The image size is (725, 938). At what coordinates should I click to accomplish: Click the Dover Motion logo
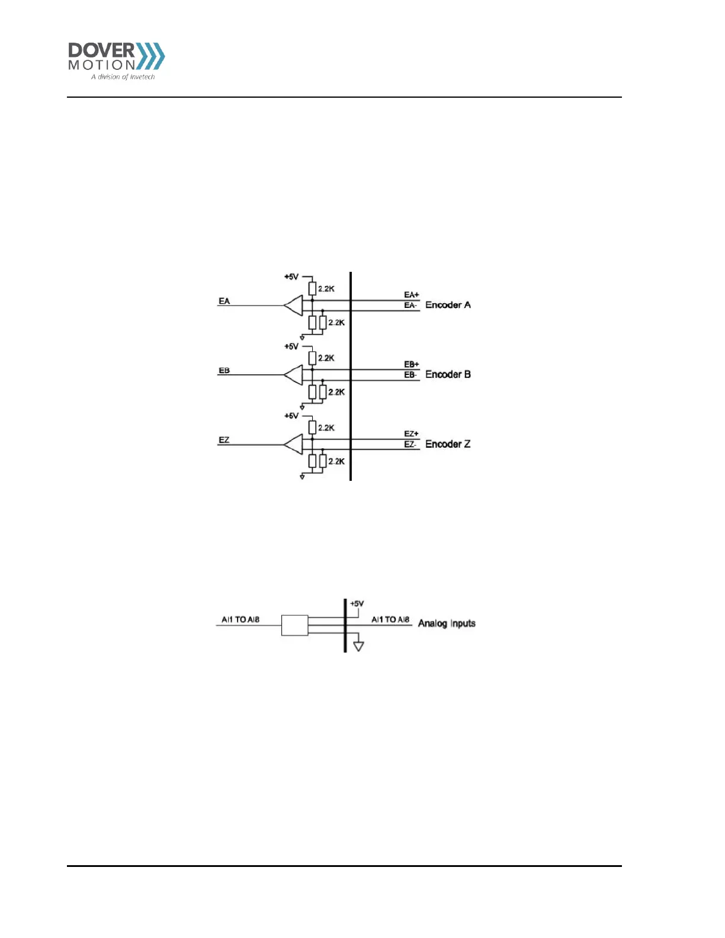pos(116,60)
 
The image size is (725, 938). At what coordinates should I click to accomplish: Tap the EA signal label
pos(224,301)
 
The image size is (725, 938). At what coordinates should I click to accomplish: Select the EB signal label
pos(224,371)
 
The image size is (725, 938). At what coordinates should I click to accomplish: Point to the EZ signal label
pos(224,440)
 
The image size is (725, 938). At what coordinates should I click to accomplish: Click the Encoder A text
pos(448,305)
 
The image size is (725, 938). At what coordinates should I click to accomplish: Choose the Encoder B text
pos(448,374)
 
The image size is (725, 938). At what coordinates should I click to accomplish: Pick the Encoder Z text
pos(448,444)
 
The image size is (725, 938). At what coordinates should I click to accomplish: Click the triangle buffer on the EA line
pos(294,306)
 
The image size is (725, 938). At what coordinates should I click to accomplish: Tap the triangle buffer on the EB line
pos(294,375)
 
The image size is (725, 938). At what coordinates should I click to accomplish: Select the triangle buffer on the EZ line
pos(294,444)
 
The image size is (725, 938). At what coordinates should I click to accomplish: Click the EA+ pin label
pos(411,295)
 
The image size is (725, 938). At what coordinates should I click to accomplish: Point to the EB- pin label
pos(410,375)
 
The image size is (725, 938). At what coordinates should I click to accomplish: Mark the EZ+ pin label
pos(411,434)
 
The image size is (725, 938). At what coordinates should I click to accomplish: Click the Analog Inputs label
pos(447,623)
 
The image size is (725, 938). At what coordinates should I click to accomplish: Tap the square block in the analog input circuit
pos(294,625)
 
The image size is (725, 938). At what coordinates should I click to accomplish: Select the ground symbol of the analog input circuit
pos(358,646)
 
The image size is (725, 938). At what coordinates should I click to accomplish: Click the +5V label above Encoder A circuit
pos(291,277)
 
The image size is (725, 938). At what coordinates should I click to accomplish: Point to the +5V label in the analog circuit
pos(357,603)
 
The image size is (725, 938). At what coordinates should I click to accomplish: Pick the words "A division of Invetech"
pos(123,77)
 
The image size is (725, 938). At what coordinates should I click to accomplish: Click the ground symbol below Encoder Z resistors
pos(302,476)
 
